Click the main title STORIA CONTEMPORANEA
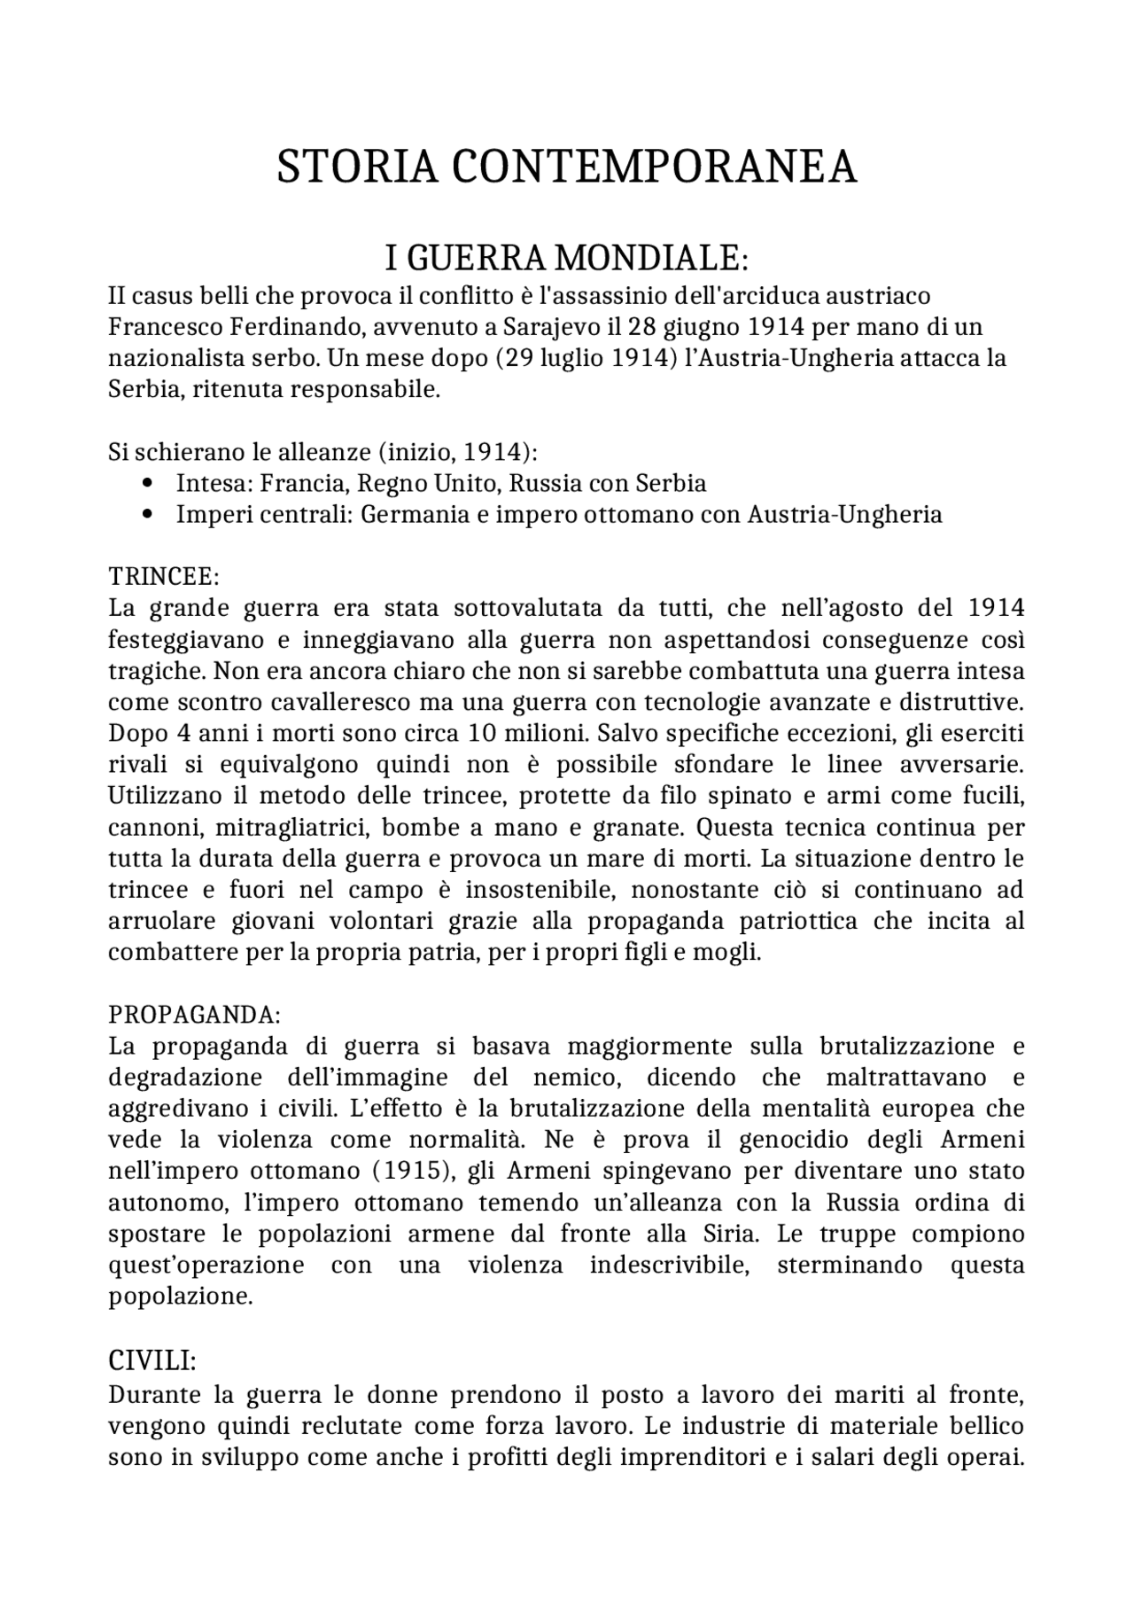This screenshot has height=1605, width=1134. point(567,167)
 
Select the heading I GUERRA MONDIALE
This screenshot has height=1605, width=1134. point(567,259)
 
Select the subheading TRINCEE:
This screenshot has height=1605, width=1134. point(163,576)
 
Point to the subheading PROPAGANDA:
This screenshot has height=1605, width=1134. point(194,1014)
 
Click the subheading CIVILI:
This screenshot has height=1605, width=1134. point(151,1360)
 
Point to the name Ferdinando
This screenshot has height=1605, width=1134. point(295,327)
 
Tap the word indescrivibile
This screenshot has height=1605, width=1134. point(671,1265)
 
